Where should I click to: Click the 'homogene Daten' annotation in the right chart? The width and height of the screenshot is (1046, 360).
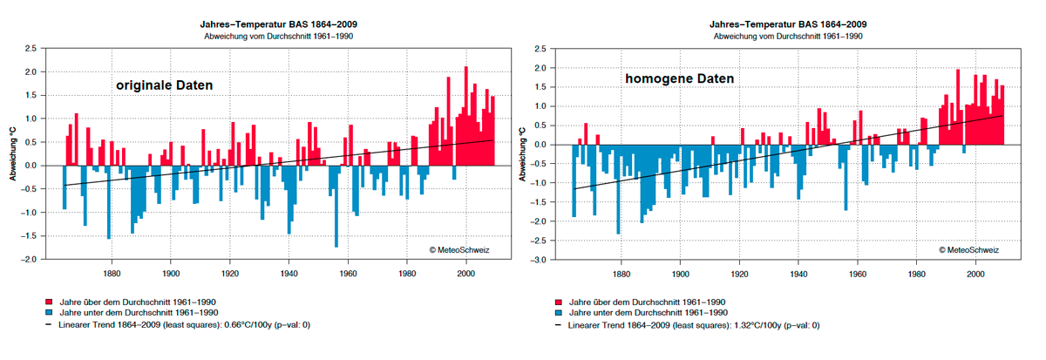tap(679, 78)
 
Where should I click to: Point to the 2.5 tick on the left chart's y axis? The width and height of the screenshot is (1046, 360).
tap(31, 48)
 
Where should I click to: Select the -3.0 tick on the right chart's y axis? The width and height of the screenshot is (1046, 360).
tap(540, 260)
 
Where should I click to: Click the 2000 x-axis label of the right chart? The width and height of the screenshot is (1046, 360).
tap(977, 273)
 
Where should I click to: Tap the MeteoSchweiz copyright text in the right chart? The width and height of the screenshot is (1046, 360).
tap(969, 249)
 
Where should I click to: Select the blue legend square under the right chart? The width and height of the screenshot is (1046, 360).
tap(559, 312)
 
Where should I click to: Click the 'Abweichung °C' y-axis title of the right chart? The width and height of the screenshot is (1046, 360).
tap(523, 154)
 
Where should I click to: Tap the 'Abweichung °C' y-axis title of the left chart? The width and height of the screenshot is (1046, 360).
tap(12, 154)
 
